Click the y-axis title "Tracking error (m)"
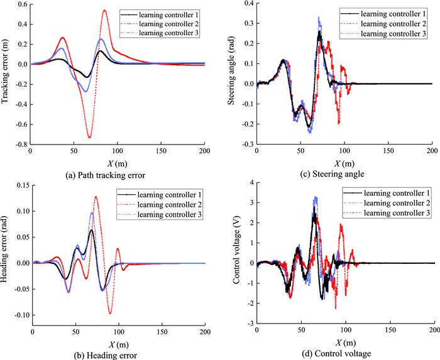(8, 72)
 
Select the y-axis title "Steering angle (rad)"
(233, 72)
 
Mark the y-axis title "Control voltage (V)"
(236, 253)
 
